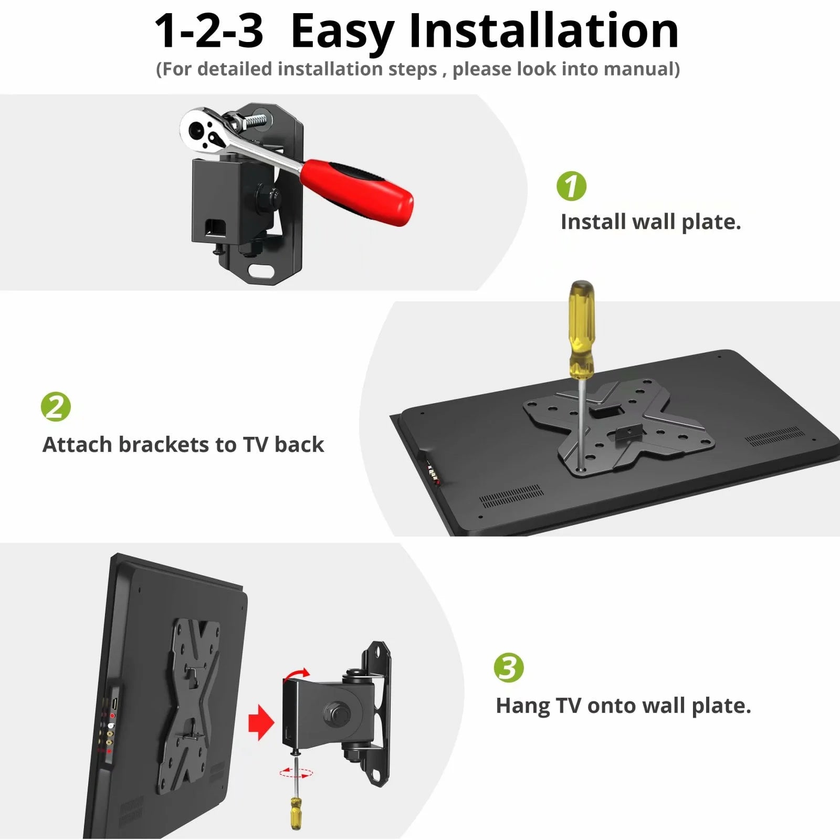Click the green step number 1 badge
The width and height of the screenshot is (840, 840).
[x=571, y=186]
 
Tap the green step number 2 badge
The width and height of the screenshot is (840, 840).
[x=56, y=406]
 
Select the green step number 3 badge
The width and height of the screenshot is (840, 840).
[x=508, y=668]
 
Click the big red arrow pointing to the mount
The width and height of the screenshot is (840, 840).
[x=261, y=722]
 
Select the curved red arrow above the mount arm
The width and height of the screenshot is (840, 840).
[x=297, y=673]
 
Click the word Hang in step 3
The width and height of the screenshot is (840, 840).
[x=522, y=706]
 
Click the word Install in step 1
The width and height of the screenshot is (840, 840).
[x=593, y=222]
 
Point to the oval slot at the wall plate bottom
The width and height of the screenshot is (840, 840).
[x=262, y=271]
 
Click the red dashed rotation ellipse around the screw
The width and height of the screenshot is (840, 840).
[x=296, y=772]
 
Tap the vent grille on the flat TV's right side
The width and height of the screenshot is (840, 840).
[x=774, y=437]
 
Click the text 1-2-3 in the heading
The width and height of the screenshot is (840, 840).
[x=208, y=31]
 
